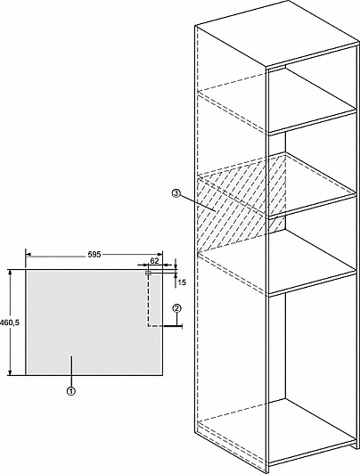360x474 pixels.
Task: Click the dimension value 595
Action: (x=94, y=255)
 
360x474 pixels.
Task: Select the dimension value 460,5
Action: (x=10, y=323)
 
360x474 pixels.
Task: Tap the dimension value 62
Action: (x=154, y=261)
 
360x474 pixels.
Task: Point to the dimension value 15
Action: (x=182, y=282)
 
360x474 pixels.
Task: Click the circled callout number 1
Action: (x=71, y=391)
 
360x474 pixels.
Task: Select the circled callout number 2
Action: (x=176, y=308)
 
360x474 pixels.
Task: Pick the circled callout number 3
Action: (x=176, y=193)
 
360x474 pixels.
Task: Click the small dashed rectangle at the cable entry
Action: (x=148, y=274)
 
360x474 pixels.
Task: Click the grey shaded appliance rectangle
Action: (x=94, y=323)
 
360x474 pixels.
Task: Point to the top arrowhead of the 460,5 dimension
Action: (x=11, y=273)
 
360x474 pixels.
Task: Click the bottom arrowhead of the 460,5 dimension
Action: (x=11, y=372)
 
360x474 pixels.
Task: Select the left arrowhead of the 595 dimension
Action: (x=29, y=255)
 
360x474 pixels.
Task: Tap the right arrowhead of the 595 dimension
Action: (x=160, y=255)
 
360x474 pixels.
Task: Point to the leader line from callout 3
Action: (x=197, y=202)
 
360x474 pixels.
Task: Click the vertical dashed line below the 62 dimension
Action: (x=148, y=300)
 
